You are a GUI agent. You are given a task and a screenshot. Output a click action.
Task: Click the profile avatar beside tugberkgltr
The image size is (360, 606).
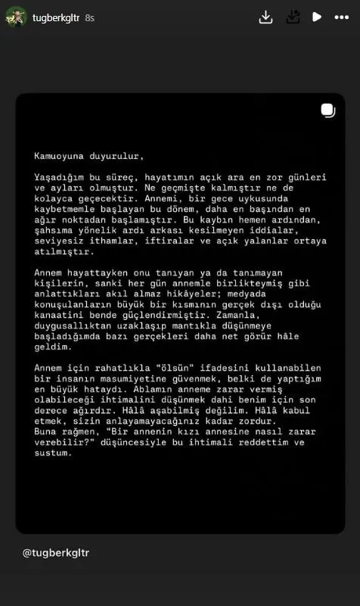point(17,17)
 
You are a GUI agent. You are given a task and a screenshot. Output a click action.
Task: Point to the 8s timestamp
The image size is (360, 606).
point(90,17)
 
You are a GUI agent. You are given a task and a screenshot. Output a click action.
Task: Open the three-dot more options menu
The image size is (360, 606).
point(341,17)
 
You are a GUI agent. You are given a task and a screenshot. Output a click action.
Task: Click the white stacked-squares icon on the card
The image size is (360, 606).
point(327,110)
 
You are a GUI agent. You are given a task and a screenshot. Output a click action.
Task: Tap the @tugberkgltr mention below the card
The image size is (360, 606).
point(56,552)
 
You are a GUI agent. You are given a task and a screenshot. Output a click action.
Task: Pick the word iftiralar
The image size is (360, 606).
point(163,241)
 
